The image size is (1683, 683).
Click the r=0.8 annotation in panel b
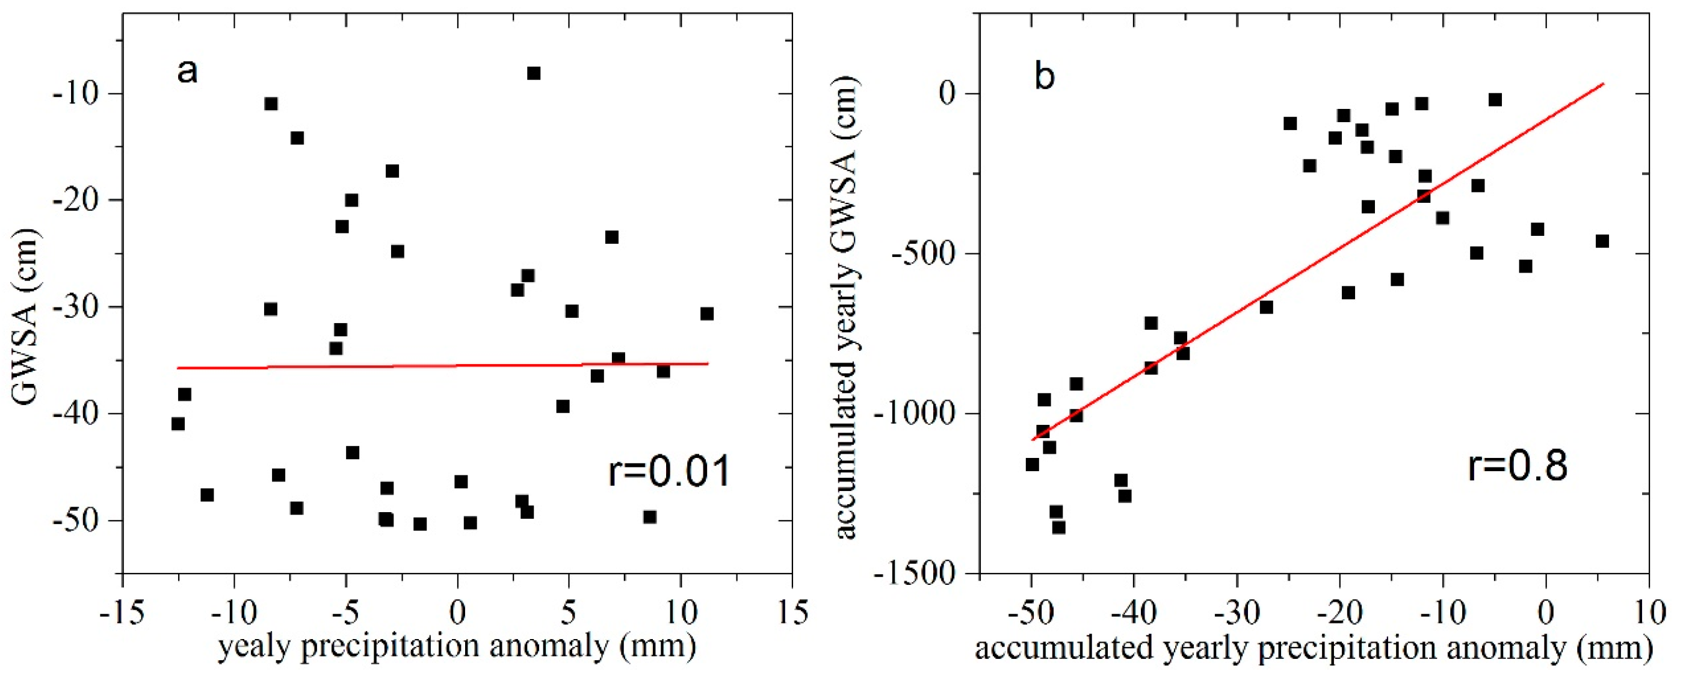1517,466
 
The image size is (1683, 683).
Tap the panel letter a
187,70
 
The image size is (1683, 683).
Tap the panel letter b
1045,76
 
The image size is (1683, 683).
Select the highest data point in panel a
534,73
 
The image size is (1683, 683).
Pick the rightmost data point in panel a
706,314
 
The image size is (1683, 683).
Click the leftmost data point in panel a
178,424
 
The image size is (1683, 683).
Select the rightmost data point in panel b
1602,241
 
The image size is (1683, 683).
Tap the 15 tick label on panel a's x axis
792,614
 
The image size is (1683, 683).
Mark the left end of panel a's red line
178,368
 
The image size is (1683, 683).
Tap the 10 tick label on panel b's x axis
1648,614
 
